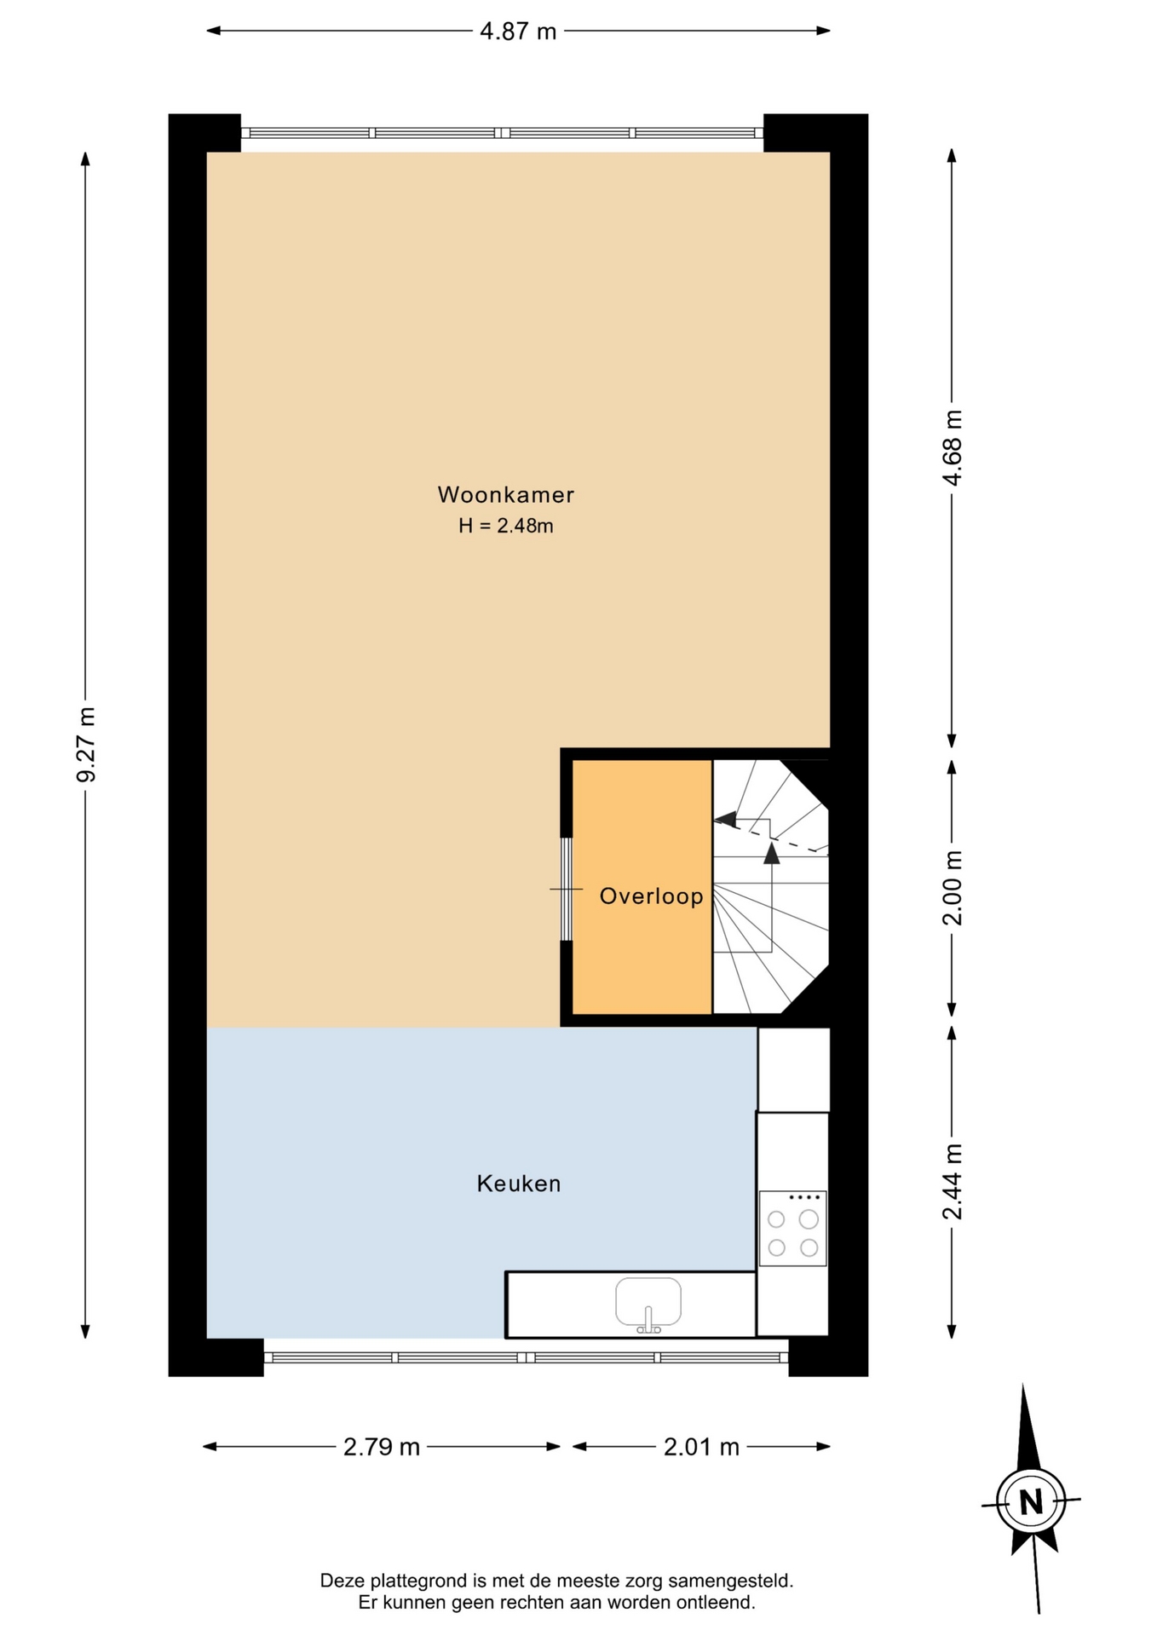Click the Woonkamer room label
coord(506,494)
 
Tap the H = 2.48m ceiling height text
coord(506,526)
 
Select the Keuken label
coord(519,1184)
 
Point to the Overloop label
coord(652,896)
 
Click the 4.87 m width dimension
coord(518,32)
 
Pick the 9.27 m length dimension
coord(86,745)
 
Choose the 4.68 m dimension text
coord(953,448)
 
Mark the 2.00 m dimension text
coord(953,888)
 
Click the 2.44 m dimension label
coord(953,1182)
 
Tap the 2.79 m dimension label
coord(382,1447)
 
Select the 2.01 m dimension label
coord(701,1447)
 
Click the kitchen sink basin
coord(648,1302)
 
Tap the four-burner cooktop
coord(792,1228)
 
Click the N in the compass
coord(1031,1501)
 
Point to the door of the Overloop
coord(566,890)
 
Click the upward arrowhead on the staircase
coord(772,853)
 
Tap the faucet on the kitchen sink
coord(648,1319)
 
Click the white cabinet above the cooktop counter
coord(794,1069)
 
